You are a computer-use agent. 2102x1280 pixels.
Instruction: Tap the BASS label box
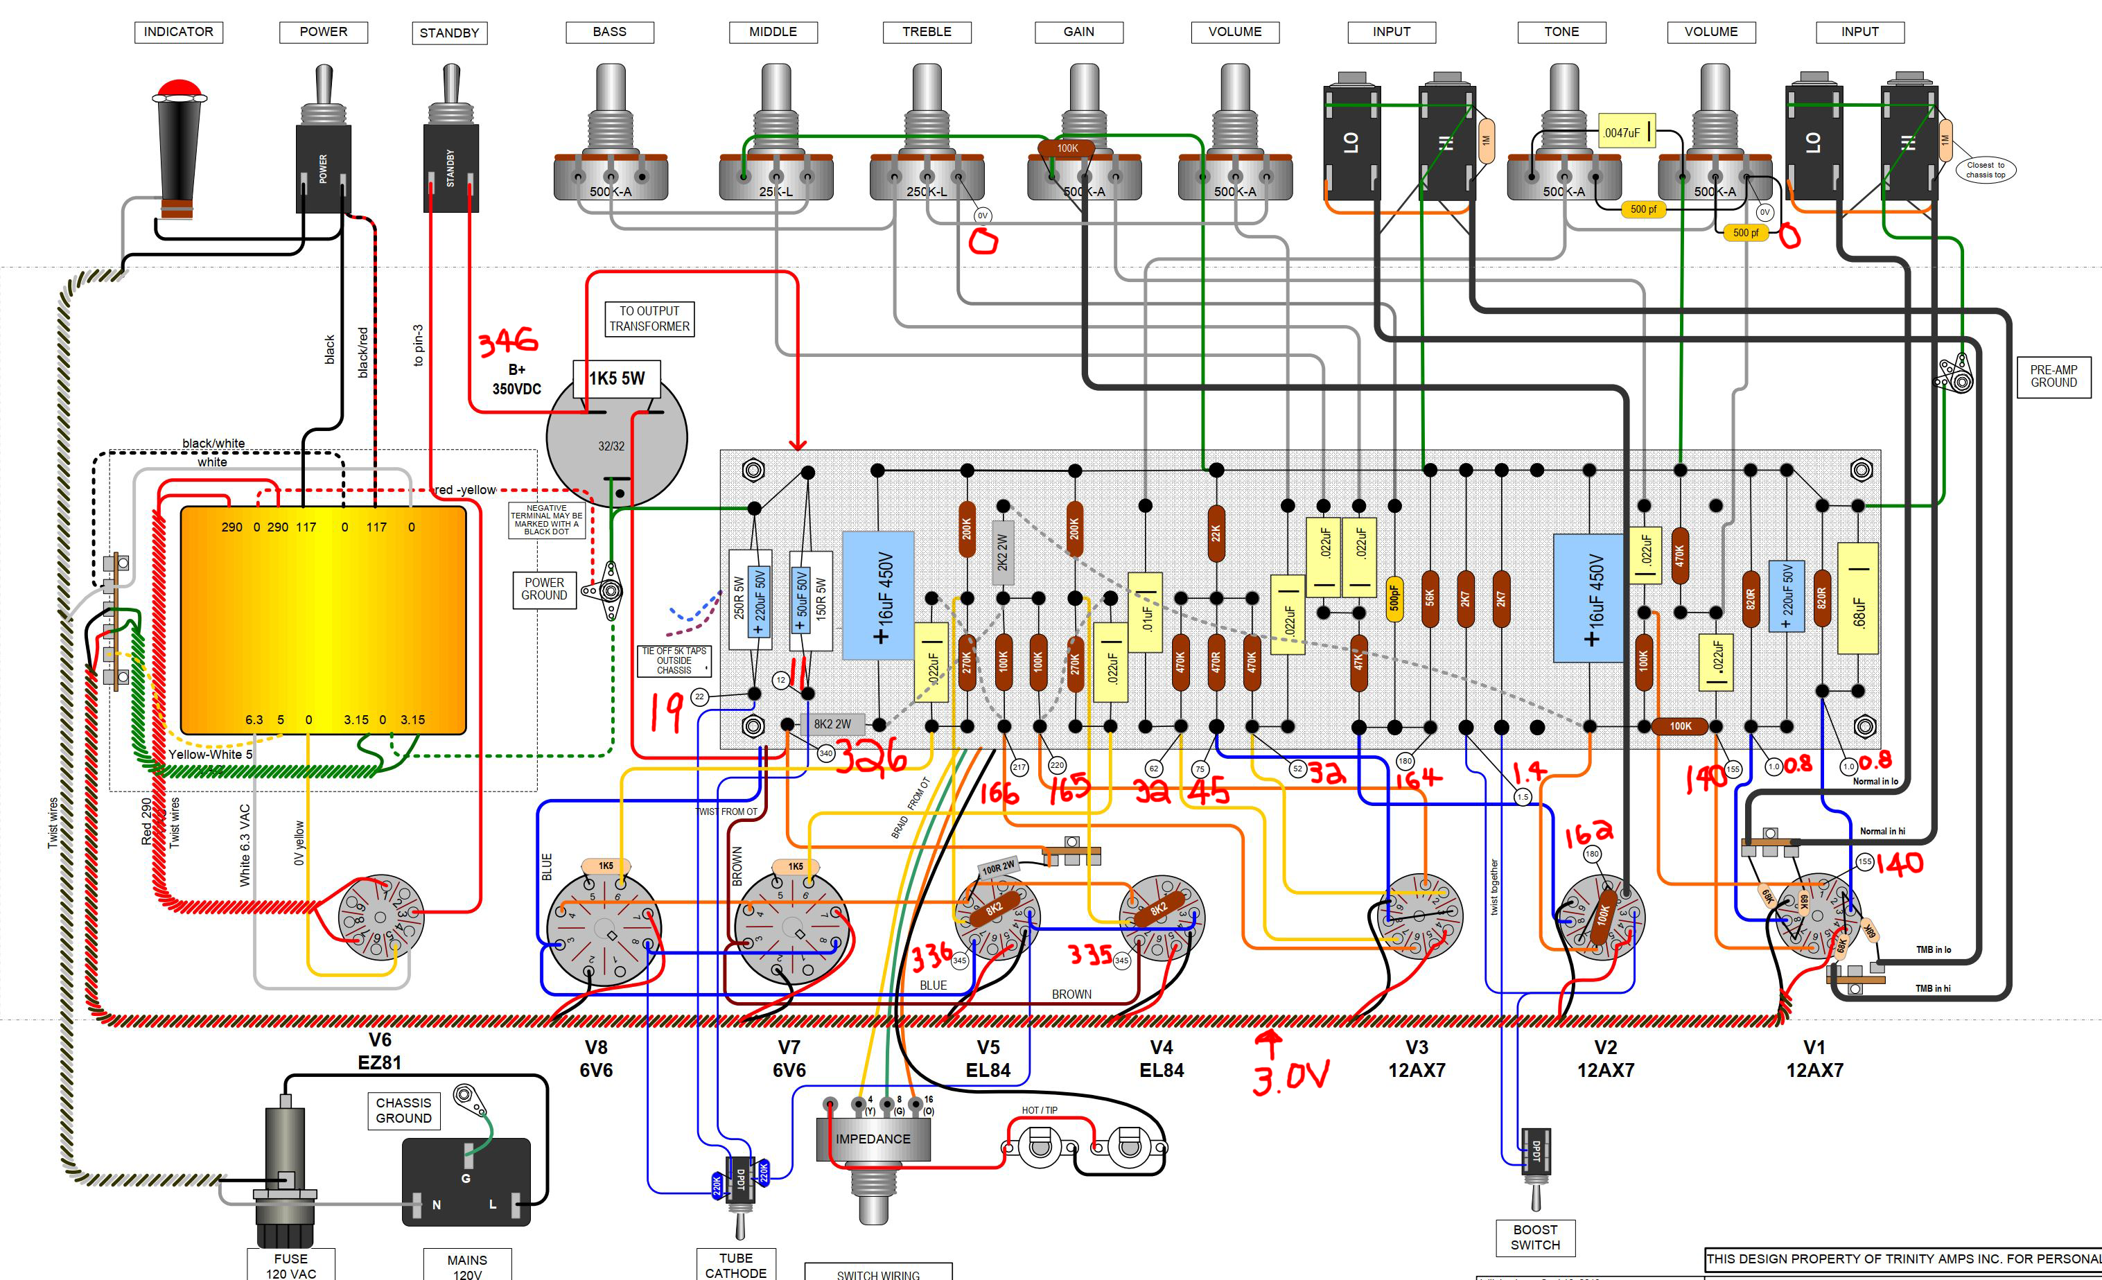pos(609,33)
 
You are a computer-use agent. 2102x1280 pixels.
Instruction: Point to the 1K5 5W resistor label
pos(616,378)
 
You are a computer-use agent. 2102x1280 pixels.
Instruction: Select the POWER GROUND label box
pos(544,589)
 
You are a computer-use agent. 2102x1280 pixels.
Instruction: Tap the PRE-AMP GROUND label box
pos(2053,376)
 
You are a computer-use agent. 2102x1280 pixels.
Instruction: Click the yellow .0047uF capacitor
pos(1626,132)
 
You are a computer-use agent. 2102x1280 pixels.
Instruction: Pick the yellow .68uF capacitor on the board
pos(1858,598)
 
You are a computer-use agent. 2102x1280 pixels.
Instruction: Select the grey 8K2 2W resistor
pos(832,724)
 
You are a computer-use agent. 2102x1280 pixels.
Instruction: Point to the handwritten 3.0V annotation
pos(1290,1074)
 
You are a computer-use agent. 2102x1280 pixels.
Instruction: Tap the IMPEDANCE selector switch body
pos(873,1139)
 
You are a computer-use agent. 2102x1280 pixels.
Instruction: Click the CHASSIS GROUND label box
pos(403,1110)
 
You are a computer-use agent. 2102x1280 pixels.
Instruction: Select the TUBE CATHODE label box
pos(735,1265)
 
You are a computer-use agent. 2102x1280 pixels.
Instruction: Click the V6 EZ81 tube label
pos(380,1051)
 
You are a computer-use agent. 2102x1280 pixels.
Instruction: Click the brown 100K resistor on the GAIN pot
pos(1067,148)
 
